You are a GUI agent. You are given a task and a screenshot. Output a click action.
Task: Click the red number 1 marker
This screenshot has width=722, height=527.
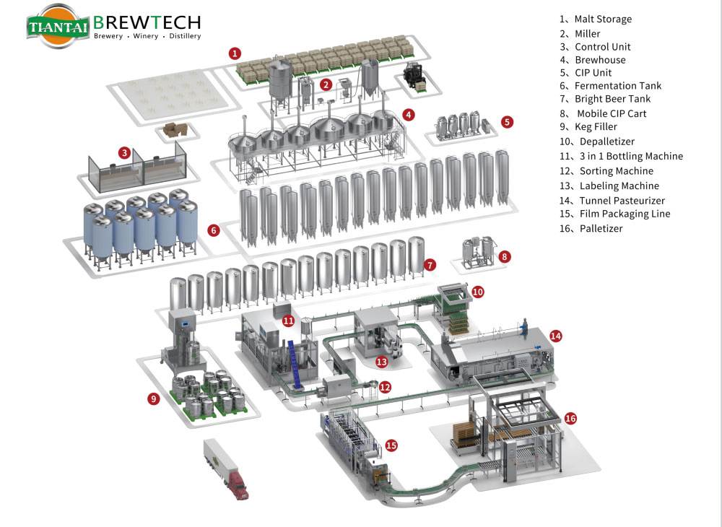(x=235, y=53)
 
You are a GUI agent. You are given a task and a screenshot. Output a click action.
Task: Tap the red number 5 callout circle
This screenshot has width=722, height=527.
(x=508, y=122)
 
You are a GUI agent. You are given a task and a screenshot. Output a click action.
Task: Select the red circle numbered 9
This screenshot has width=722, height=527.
(x=153, y=398)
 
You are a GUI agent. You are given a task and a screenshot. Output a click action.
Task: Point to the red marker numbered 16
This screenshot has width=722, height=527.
(x=570, y=418)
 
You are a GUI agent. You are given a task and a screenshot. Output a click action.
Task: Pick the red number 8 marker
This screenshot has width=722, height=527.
(x=505, y=256)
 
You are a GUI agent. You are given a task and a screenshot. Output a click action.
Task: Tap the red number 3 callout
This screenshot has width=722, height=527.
(x=125, y=153)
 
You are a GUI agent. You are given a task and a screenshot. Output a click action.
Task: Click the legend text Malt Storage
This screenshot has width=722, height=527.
(x=602, y=19)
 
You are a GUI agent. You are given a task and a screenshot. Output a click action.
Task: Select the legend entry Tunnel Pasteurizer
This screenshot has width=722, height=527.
(x=621, y=201)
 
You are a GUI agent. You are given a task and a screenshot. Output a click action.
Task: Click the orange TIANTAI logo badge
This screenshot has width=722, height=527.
(x=58, y=27)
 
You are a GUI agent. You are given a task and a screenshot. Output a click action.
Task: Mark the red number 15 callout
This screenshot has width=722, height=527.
(x=391, y=445)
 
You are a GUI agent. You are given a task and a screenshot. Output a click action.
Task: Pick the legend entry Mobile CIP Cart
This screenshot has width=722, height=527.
(x=611, y=113)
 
